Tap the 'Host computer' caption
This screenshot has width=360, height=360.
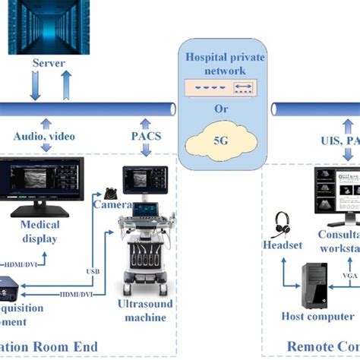tap(317, 316)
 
